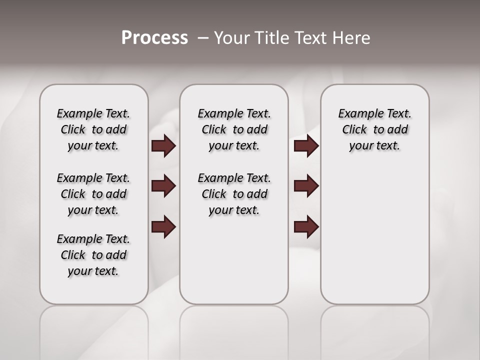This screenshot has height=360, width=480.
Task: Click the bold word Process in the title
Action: (x=154, y=38)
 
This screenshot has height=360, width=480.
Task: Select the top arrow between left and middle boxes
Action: (x=163, y=145)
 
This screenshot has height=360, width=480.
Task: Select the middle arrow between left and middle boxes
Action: (x=163, y=186)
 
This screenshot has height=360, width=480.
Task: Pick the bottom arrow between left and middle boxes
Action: (x=163, y=226)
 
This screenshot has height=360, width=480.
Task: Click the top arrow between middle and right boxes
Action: (x=306, y=145)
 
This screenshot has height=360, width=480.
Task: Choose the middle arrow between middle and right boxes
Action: (x=306, y=186)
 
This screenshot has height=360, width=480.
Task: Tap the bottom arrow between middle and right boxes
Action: (x=306, y=226)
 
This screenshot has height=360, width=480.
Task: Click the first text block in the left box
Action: (x=93, y=129)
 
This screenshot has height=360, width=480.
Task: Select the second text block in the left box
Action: (x=93, y=194)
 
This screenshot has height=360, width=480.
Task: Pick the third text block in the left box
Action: (x=93, y=255)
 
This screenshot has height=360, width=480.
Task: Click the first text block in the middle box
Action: (x=234, y=129)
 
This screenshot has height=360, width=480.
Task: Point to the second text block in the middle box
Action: (x=234, y=194)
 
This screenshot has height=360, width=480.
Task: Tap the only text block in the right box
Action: (x=374, y=129)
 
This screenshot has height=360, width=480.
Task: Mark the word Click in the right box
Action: (x=354, y=129)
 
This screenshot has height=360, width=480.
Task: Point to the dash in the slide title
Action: (x=203, y=38)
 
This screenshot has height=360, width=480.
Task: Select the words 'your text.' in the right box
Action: (x=374, y=146)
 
